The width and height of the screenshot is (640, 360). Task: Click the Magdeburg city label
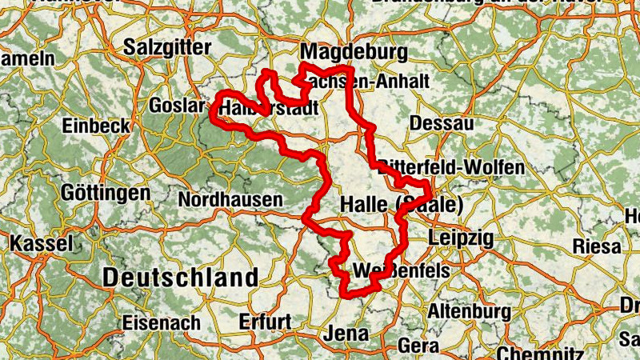(x=354, y=53)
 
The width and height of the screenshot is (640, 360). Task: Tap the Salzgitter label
(x=167, y=48)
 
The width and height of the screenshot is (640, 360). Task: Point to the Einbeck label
(x=96, y=126)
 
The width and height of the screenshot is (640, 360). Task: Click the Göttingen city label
(x=106, y=193)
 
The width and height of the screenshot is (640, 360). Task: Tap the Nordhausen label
(x=230, y=199)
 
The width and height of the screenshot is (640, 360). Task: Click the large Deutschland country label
(x=181, y=278)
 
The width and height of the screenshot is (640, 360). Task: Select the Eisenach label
(x=162, y=323)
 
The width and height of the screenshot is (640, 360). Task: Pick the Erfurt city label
(x=266, y=322)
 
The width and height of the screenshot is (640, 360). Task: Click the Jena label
(x=347, y=333)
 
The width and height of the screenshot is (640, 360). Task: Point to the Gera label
(x=418, y=346)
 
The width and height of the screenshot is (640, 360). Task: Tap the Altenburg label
(x=470, y=310)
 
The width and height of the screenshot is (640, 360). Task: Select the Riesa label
(x=597, y=245)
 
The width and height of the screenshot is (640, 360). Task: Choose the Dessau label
(x=441, y=123)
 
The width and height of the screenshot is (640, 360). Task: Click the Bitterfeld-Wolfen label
(x=453, y=167)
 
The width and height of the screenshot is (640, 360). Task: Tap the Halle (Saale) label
(x=402, y=205)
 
